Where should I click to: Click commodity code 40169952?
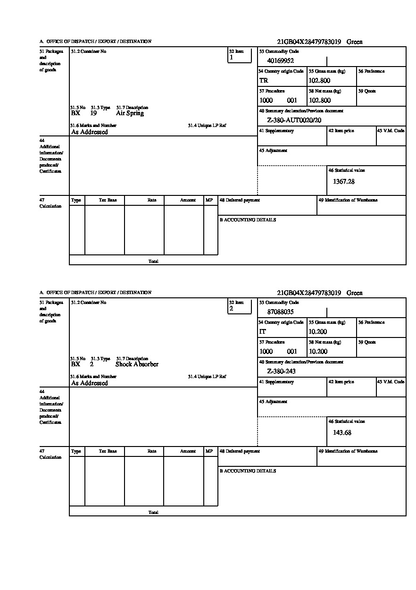click(x=280, y=60)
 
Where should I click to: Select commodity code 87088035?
click(x=280, y=312)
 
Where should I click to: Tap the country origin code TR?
click(x=263, y=81)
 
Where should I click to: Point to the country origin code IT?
click(x=263, y=332)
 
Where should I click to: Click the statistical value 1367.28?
click(x=343, y=182)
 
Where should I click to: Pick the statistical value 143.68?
click(x=342, y=433)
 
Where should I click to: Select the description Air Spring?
click(x=130, y=113)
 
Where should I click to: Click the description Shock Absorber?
click(x=137, y=364)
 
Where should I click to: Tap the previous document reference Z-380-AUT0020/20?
click(x=294, y=120)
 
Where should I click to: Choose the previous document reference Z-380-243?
click(x=281, y=371)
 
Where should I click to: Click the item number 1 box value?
click(x=231, y=58)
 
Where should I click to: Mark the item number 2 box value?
click(x=231, y=309)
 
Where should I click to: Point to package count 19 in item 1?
click(x=93, y=113)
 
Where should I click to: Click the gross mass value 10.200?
click(x=317, y=332)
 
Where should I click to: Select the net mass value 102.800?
click(x=319, y=101)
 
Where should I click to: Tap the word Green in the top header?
click(x=355, y=42)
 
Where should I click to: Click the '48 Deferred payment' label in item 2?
click(x=240, y=451)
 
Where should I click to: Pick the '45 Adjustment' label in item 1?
click(x=273, y=151)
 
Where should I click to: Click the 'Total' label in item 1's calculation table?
click(x=153, y=261)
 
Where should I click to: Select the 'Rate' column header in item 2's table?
click(x=151, y=451)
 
